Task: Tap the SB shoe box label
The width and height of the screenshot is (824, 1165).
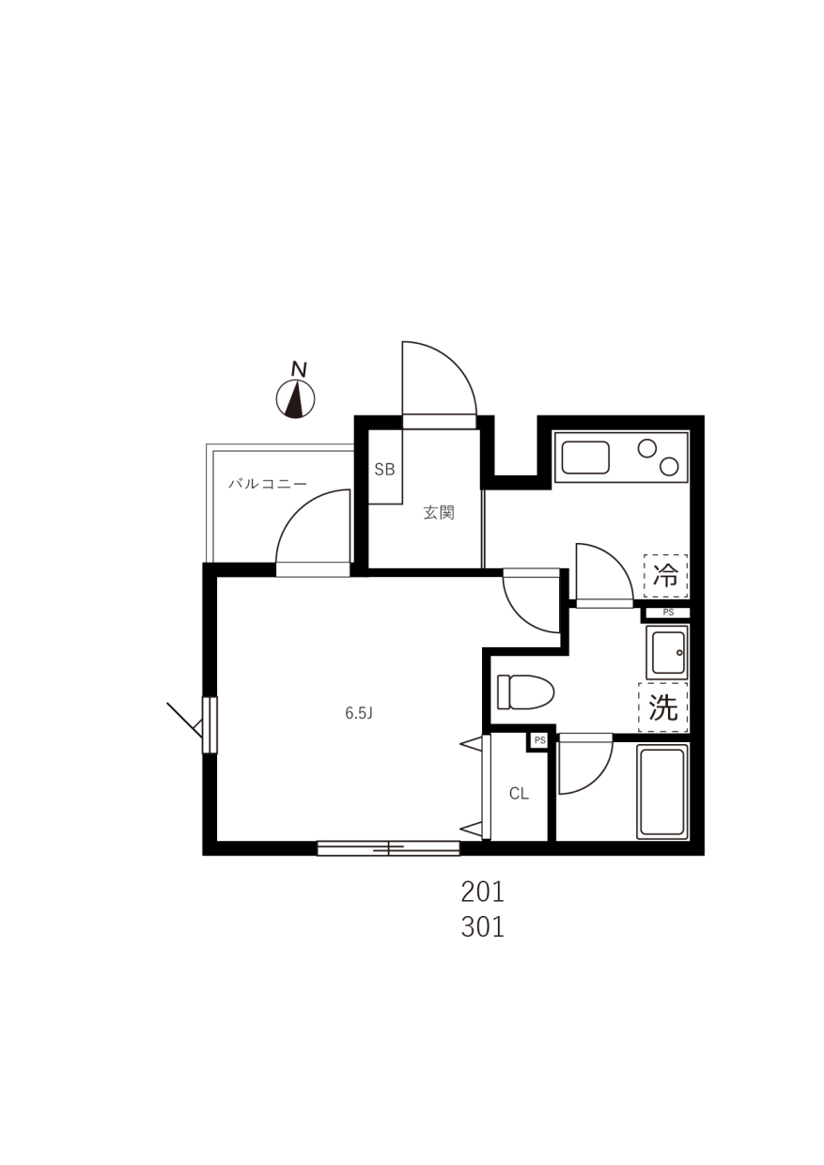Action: [384, 470]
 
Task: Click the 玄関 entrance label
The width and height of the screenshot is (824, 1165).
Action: [439, 513]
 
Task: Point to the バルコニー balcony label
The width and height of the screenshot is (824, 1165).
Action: [268, 484]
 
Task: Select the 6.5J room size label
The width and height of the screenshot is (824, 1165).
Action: [359, 713]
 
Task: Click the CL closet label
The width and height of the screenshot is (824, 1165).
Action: [519, 793]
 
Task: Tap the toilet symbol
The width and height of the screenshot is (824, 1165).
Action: [525, 691]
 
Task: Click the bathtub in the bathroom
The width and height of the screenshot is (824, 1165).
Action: [662, 793]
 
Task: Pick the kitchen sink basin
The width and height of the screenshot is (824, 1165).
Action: [585, 458]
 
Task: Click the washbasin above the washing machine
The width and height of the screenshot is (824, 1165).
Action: [666, 652]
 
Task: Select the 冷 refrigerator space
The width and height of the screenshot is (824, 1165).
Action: [666, 576]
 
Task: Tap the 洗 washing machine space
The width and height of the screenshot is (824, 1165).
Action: [663, 707]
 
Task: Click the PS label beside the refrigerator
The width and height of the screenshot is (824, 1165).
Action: [668, 613]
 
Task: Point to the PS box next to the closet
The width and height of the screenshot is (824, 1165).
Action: [539, 740]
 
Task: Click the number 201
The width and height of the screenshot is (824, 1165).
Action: [483, 893]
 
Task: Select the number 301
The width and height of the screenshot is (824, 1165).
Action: [483, 927]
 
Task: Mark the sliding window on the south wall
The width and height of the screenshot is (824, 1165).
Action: [389, 848]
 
